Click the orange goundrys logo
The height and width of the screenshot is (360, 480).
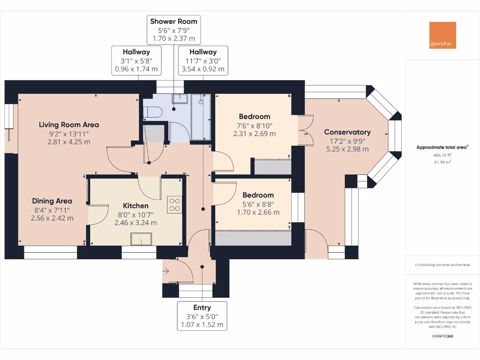tap(442, 35)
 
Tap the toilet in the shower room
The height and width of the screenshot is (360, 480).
tap(152, 112)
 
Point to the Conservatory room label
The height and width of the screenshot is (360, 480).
tap(347, 132)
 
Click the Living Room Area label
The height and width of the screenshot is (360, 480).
tap(69, 125)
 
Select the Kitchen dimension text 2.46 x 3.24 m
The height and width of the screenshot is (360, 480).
tap(135, 223)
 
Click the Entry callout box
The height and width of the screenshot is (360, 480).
tap(202, 316)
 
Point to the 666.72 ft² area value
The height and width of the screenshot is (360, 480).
tap(442, 155)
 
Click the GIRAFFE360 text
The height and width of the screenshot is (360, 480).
tap(442, 336)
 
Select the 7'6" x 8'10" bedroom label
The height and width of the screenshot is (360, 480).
tap(255, 125)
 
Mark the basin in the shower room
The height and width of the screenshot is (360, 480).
tap(180, 98)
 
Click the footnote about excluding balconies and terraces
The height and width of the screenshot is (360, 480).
tap(442, 265)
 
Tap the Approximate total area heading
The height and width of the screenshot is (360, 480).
tap(442, 147)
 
